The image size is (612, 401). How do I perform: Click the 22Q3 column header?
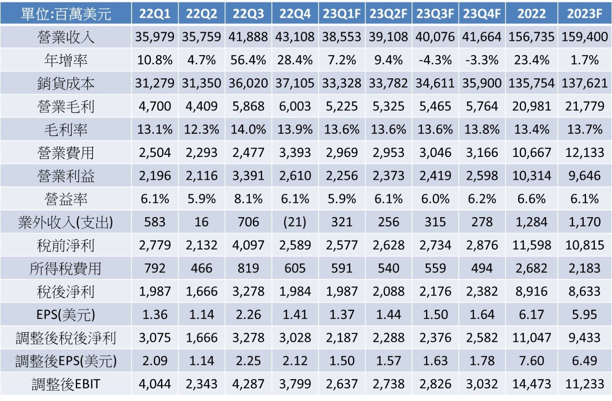[248, 14]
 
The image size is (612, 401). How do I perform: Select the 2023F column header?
[584, 14]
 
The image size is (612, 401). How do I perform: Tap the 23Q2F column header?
[388, 14]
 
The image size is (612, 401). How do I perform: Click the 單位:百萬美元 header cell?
[66, 14]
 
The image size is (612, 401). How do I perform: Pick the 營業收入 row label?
[66, 37]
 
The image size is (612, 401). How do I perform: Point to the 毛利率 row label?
[66, 130]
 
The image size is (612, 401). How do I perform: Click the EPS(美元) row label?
[66, 315]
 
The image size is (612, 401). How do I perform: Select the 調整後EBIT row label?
[66, 384]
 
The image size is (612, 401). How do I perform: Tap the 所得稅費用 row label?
[66, 268]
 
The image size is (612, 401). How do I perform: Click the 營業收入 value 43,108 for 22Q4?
[295, 37]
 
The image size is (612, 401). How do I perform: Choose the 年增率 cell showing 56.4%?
[248, 60]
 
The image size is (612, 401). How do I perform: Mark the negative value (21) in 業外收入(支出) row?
[295, 222]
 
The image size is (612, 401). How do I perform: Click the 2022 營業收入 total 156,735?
[531, 37]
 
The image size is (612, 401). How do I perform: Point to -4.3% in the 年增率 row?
[435, 60]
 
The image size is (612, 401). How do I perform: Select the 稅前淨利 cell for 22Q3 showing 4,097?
[248, 245]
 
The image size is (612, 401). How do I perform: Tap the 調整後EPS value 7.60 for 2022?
[531, 361]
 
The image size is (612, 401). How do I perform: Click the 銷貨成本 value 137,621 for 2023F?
[584, 83]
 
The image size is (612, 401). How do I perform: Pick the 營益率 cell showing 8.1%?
[248, 199]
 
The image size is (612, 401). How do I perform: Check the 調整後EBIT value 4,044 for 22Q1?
[155, 384]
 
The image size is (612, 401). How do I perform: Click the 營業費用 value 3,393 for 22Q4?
[295, 153]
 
